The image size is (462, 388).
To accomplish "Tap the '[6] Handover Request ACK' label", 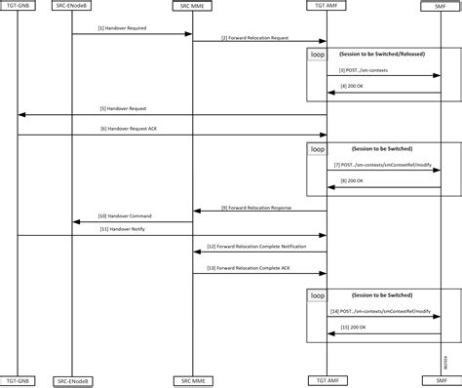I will click(x=124, y=128).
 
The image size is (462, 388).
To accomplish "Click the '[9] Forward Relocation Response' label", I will click(x=254, y=207).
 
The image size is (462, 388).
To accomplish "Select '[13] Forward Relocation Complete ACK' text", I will click(x=254, y=266).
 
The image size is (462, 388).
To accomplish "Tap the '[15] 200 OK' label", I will click(x=354, y=328).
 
